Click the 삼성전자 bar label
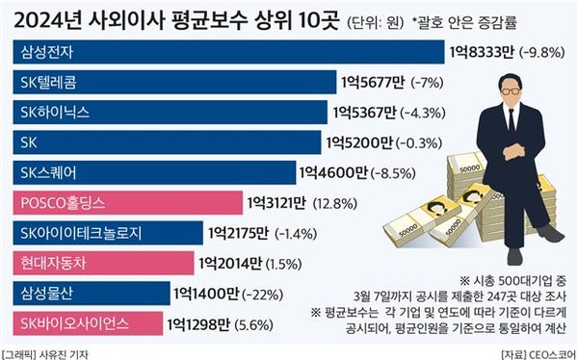pyautogui.click(x=49, y=53)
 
